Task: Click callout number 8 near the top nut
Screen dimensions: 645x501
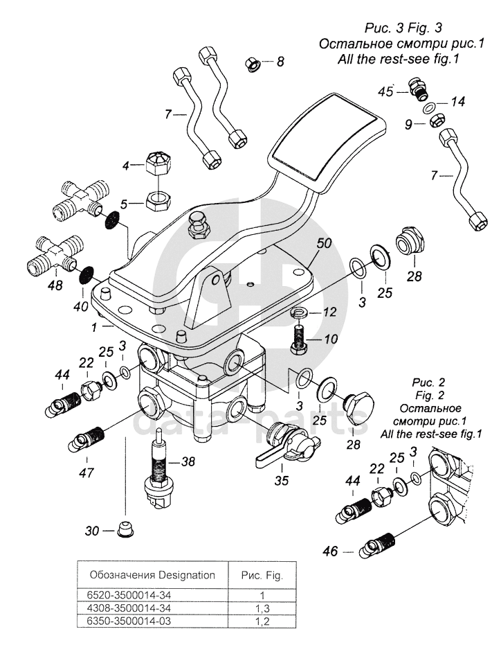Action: tap(280, 62)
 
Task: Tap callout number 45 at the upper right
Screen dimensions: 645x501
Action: tap(385, 91)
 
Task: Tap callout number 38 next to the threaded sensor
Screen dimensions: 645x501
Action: tap(188, 461)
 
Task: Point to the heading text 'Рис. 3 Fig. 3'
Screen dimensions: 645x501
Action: tap(403, 28)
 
